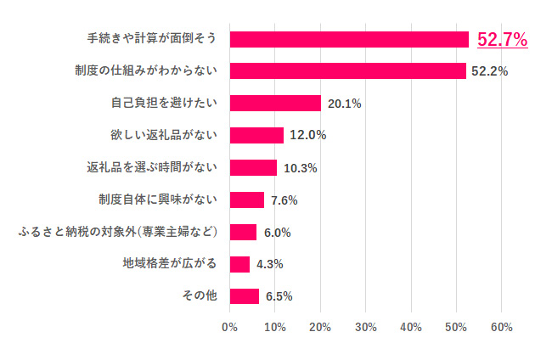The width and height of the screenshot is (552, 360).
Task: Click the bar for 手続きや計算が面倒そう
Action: pyautogui.click(x=349, y=39)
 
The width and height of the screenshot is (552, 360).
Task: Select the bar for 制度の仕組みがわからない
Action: pyautogui.click(x=347, y=70)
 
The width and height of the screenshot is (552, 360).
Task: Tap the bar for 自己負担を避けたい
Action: pyautogui.click(x=275, y=103)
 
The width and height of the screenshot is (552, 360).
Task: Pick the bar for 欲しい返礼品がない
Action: pyautogui.click(x=256, y=135)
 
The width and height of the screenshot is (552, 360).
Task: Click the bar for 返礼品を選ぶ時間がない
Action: pyautogui.click(x=253, y=167)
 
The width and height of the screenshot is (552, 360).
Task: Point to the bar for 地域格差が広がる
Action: pyautogui.click(x=239, y=264)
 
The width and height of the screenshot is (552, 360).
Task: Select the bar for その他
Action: pyautogui.click(x=245, y=296)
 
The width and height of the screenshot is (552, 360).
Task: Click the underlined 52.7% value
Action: pyautogui.click(x=503, y=39)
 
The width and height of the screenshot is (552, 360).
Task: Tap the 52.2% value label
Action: pyautogui.click(x=490, y=71)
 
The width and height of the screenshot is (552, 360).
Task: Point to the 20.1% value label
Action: pyautogui.click(x=345, y=104)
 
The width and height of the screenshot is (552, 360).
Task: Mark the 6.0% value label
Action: pyautogui.click(x=278, y=233)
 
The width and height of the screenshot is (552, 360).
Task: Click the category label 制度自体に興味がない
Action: pyautogui.click(x=159, y=200)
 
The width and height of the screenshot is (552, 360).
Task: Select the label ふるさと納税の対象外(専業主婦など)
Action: pyautogui.click(x=120, y=233)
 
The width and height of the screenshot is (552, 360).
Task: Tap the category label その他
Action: pyautogui.click(x=200, y=296)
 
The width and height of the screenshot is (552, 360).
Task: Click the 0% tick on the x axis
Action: pyautogui.click(x=229, y=327)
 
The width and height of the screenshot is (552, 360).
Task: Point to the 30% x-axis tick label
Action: pyautogui.click(x=365, y=327)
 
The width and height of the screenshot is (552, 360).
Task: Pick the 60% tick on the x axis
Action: pyautogui.click(x=501, y=327)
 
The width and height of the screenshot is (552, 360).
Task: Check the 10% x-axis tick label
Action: pyautogui.click(x=274, y=327)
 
